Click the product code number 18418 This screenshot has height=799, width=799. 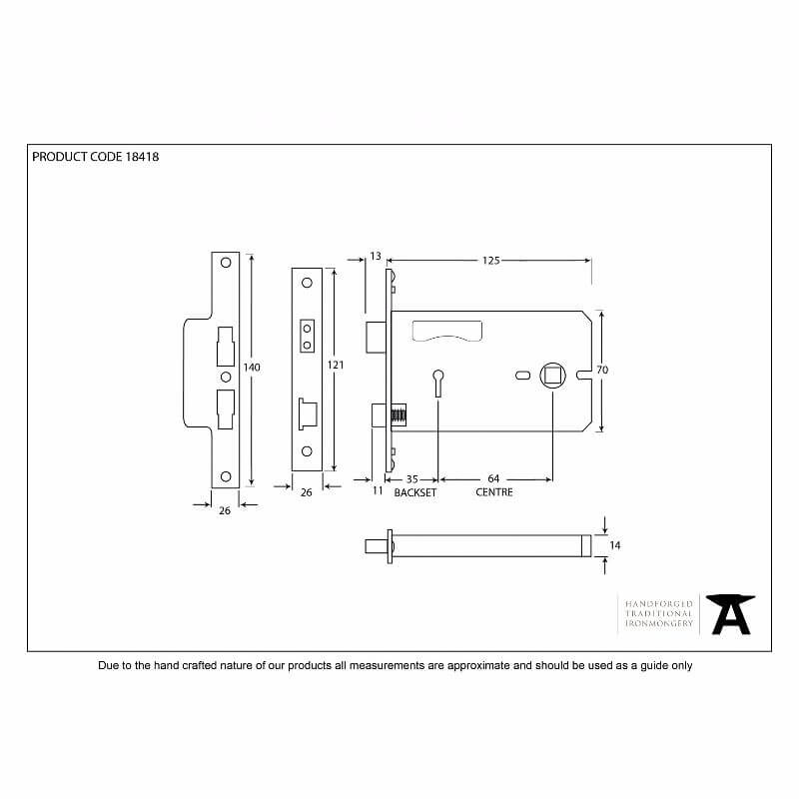[x=142, y=157]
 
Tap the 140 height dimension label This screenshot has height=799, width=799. [x=252, y=367]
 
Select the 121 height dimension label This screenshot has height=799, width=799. [x=336, y=365]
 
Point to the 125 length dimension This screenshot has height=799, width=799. [x=491, y=261]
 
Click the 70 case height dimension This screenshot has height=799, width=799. [x=602, y=370]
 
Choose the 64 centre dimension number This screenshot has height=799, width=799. [x=493, y=478]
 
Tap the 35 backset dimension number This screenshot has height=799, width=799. [x=411, y=479]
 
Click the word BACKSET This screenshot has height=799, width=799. [x=415, y=492]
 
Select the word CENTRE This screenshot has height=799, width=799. [x=494, y=492]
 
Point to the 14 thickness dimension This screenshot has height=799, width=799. [x=615, y=545]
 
